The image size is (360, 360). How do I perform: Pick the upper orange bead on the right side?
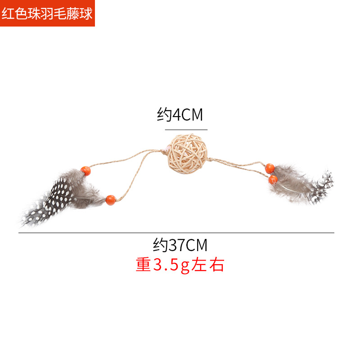click(270, 168)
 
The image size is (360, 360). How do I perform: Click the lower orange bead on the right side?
click(272, 180)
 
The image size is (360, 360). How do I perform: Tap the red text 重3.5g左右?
click(180, 265)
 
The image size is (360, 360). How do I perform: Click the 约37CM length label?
click(180, 245)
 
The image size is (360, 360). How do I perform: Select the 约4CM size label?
click(180, 115)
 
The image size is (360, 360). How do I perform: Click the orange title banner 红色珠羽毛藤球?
click(47, 13)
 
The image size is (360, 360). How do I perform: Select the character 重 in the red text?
click(143, 265)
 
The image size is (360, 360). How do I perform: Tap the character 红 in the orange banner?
click(8, 13)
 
